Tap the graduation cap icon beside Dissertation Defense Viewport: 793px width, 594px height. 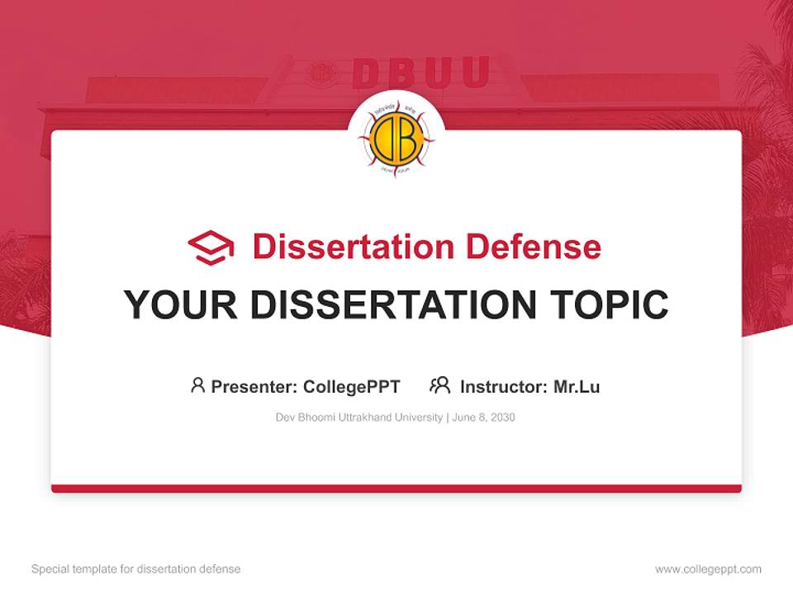point(211,247)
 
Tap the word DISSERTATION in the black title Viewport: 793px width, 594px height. point(392,304)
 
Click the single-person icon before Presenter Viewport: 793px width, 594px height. point(197,384)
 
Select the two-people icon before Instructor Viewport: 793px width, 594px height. point(439,384)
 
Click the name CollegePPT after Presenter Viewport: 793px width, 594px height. point(351,386)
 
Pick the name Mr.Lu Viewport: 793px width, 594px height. point(577,386)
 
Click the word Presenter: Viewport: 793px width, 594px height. point(254,386)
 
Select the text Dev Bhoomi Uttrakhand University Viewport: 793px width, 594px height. point(359,417)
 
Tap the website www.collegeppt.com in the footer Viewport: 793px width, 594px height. point(708,569)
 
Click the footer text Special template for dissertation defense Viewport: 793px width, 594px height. point(136,569)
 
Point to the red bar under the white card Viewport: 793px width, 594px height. point(396,488)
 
